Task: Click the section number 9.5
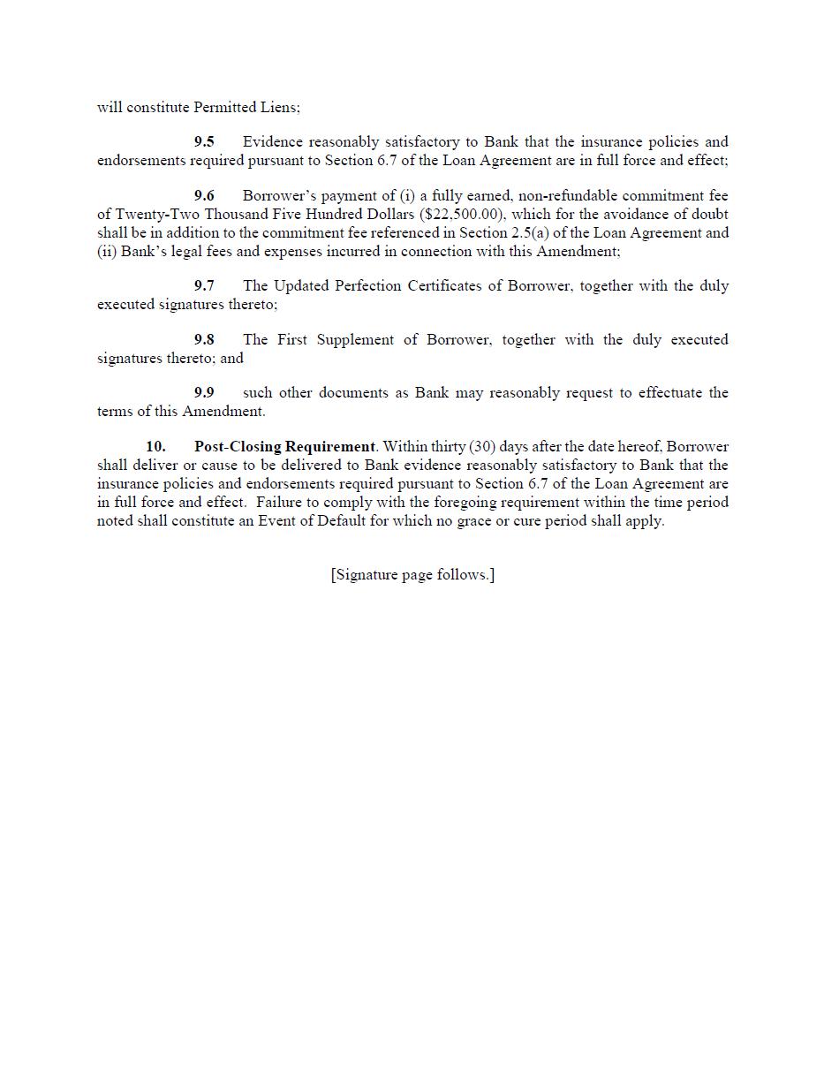[x=204, y=142]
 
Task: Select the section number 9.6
[x=204, y=196]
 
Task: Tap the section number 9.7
[x=204, y=286]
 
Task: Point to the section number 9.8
[x=204, y=340]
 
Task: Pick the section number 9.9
[x=204, y=393]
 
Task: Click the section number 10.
[x=155, y=447]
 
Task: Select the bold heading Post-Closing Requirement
[x=284, y=447]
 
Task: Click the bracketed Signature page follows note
[x=412, y=575]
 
